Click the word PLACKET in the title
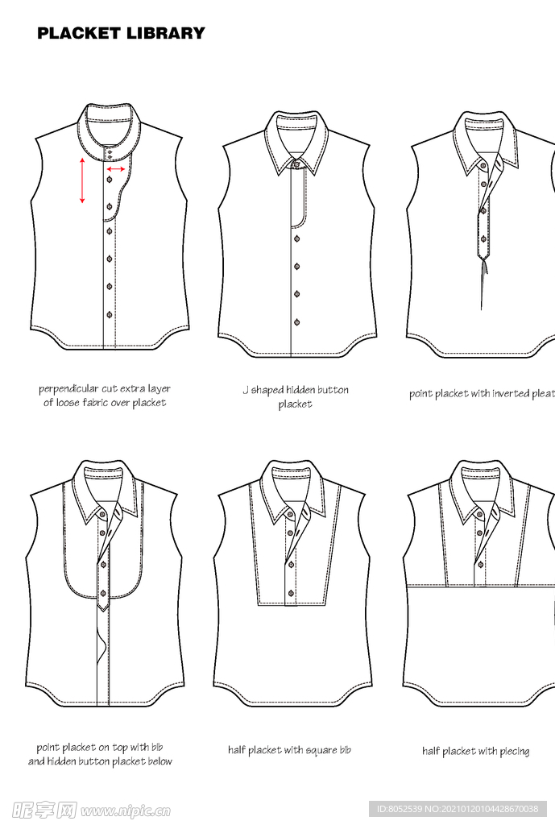pyautogui.click(x=79, y=33)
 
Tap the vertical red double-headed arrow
pyautogui.click(x=82, y=180)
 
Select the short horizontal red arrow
pyautogui.click(x=116, y=169)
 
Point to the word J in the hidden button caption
pyautogui.click(x=246, y=391)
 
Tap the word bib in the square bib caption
pyautogui.click(x=344, y=750)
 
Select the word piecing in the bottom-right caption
pyautogui.click(x=513, y=752)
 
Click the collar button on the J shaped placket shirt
pyautogui.click(x=296, y=164)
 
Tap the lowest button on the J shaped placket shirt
pyautogui.click(x=296, y=321)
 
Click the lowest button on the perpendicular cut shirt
pyautogui.click(x=110, y=313)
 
